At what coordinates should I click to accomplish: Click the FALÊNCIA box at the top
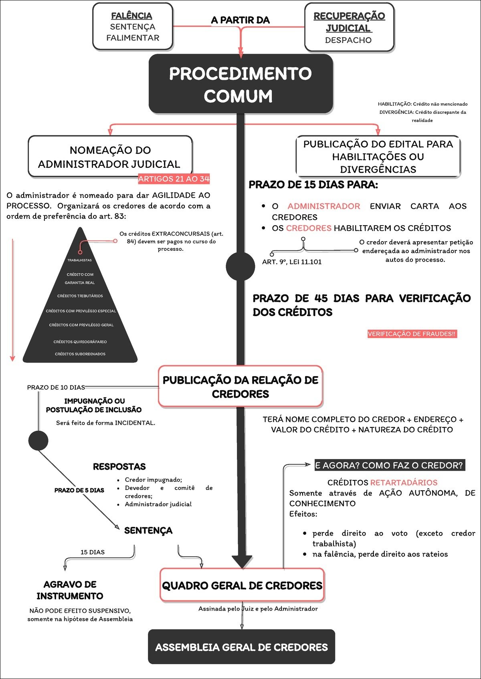tap(133, 26)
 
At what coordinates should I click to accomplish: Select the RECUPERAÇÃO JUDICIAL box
tap(349, 27)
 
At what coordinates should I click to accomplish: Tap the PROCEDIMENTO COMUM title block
tap(240, 84)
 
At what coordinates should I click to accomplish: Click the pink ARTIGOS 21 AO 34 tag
tap(174, 179)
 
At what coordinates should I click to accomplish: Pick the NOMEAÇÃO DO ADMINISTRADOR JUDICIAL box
tap(110, 157)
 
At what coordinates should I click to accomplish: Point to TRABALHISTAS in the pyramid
tap(79, 260)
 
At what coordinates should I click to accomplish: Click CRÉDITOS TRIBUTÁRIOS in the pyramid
tap(80, 296)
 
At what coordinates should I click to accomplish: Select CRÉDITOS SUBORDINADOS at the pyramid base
tap(80, 354)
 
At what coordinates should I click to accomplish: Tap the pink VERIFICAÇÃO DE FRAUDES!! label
tap(412, 334)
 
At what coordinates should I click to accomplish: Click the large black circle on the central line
tap(240, 266)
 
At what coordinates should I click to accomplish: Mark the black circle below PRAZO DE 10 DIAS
tap(38, 440)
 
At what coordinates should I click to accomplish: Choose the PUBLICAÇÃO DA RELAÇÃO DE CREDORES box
tap(240, 387)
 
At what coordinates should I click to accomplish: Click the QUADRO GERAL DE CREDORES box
tap(242, 585)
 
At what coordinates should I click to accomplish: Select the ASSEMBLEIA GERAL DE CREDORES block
tap(241, 647)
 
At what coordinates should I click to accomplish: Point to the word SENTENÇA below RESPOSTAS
tap(148, 530)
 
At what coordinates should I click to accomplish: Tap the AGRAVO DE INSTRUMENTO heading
tap(70, 590)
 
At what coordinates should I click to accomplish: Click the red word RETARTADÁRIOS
tap(404, 482)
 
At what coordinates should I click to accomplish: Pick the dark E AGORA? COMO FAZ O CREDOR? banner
tap(390, 465)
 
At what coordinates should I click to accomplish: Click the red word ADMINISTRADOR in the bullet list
tap(323, 206)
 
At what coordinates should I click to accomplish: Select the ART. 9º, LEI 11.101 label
tap(292, 262)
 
